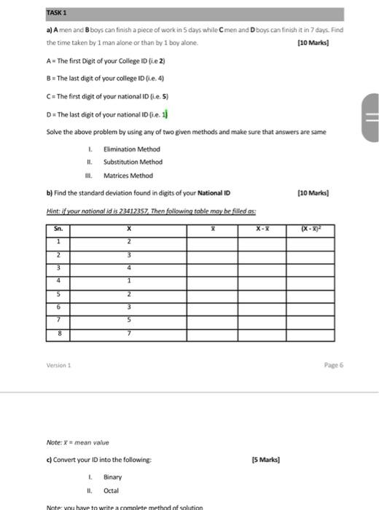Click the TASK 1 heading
pos(56,13)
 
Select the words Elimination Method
pos(131,149)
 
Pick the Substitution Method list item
pos(133,162)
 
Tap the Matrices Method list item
pos(128,175)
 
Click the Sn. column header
pos(59,229)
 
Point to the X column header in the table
pos(128,229)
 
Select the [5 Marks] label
pos(265,460)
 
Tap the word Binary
pos(113,476)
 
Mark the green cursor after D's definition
pos(169,114)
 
